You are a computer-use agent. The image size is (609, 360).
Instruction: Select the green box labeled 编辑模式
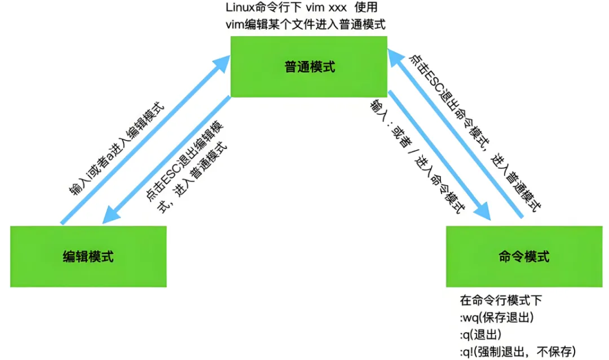[89, 257]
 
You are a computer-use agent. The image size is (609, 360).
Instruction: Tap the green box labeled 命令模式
[524, 257]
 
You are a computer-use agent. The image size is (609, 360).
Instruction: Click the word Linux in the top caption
[239, 8]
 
